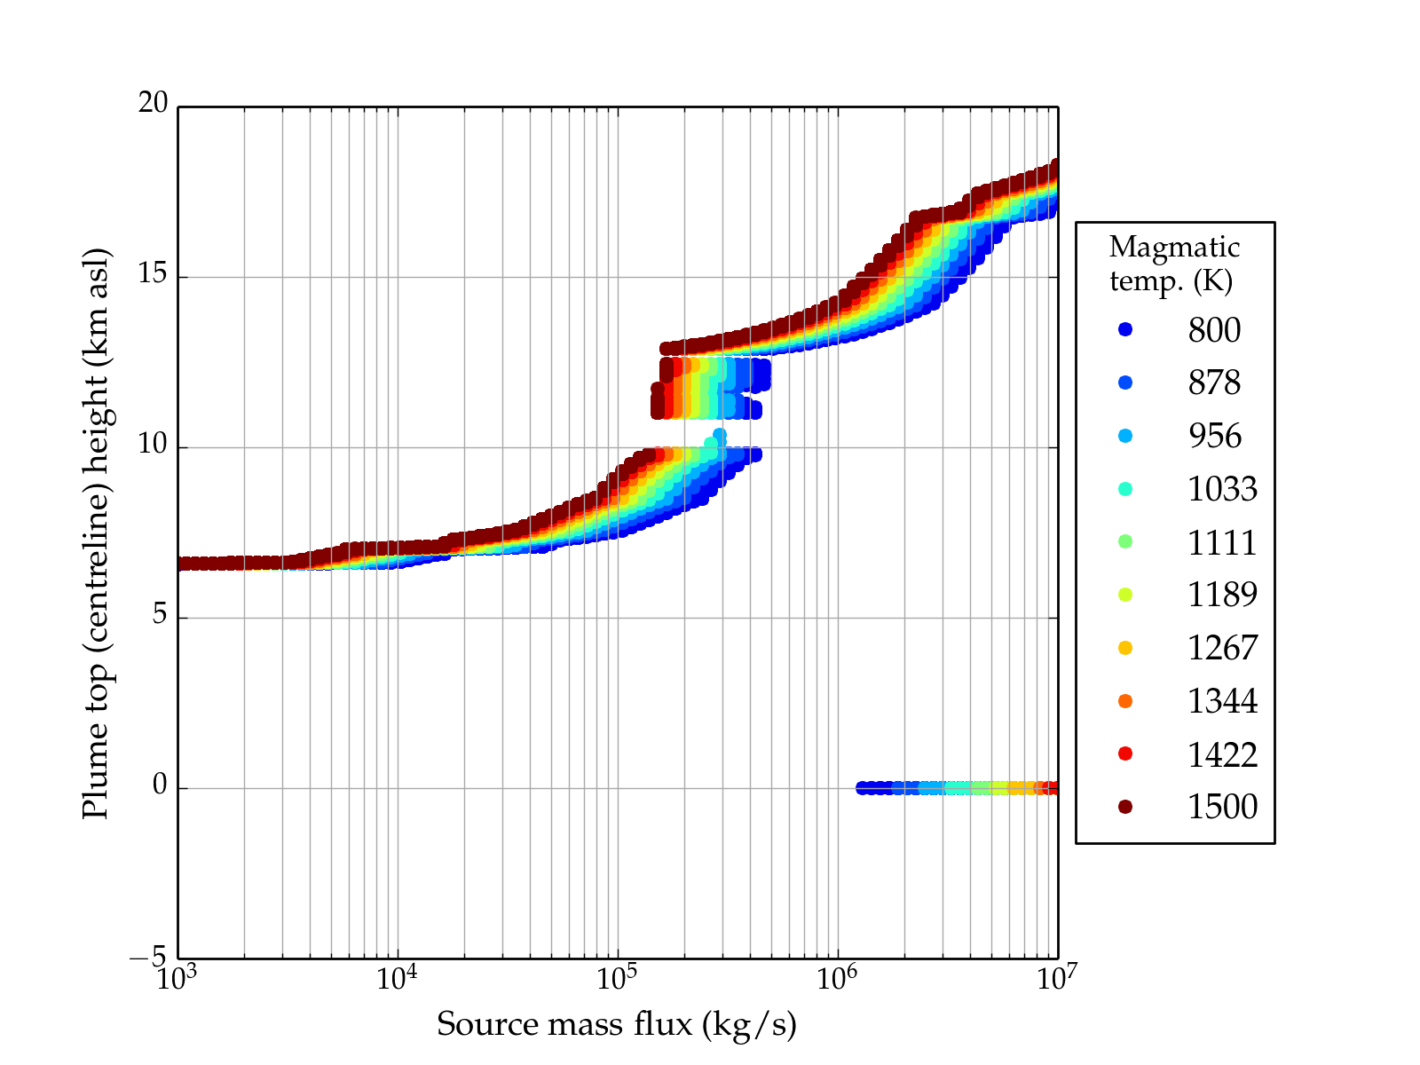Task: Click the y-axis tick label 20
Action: (x=154, y=104)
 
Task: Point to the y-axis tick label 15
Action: (x=154, y=275)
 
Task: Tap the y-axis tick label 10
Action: (x=154, y=446)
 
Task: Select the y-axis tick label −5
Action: (x=148, y=958)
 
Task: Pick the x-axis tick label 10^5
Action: (x=616, y=979)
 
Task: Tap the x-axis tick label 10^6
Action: (x=836, y=979)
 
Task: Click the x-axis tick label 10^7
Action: (x=1056, y=979)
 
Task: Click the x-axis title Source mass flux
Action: (x=616, y=1025)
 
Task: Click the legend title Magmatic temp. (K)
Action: (x=1173, y=264)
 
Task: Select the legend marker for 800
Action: (x=1125, y=329)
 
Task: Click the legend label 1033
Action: (x=1222, y=489)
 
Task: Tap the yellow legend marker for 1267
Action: (x=1125, y=648)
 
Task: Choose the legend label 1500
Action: (x=1222, y=807)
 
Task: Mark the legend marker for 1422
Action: (x=1125, y=753)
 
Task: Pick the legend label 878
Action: (x=1214, y=383)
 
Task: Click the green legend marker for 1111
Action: (x=1125, y=541)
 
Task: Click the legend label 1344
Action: (x=1222, y=701)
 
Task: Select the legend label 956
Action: (x=1214, y=436)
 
